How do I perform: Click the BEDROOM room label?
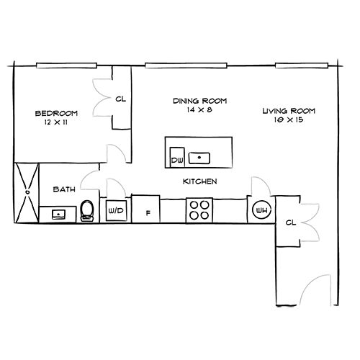point(56,113)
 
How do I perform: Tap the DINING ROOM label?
point(200,101)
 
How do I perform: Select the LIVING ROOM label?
point(289,111)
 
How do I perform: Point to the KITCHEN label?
point(200,181)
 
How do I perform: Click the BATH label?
point(64,189)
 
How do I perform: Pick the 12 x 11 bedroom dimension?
point(56,122)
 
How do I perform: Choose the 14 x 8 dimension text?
point(199,110)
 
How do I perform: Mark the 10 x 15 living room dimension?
point(289,120)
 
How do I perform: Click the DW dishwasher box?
point(177,157)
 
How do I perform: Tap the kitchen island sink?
point(199,158)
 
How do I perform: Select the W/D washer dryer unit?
point(116,210)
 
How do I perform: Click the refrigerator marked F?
point(145,209)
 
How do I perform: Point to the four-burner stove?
point(199,210)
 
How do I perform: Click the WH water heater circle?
point(261,210)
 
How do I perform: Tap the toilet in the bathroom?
point(87,211)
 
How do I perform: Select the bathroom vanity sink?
point(58,215)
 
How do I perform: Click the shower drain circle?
point(27,192)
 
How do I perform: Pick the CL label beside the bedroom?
point(121,99)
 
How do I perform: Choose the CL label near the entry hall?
point(291,222)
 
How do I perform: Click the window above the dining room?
point(186,66)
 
